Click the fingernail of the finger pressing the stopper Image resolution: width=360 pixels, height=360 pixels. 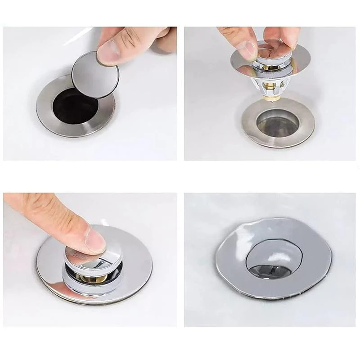pos(95,241)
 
